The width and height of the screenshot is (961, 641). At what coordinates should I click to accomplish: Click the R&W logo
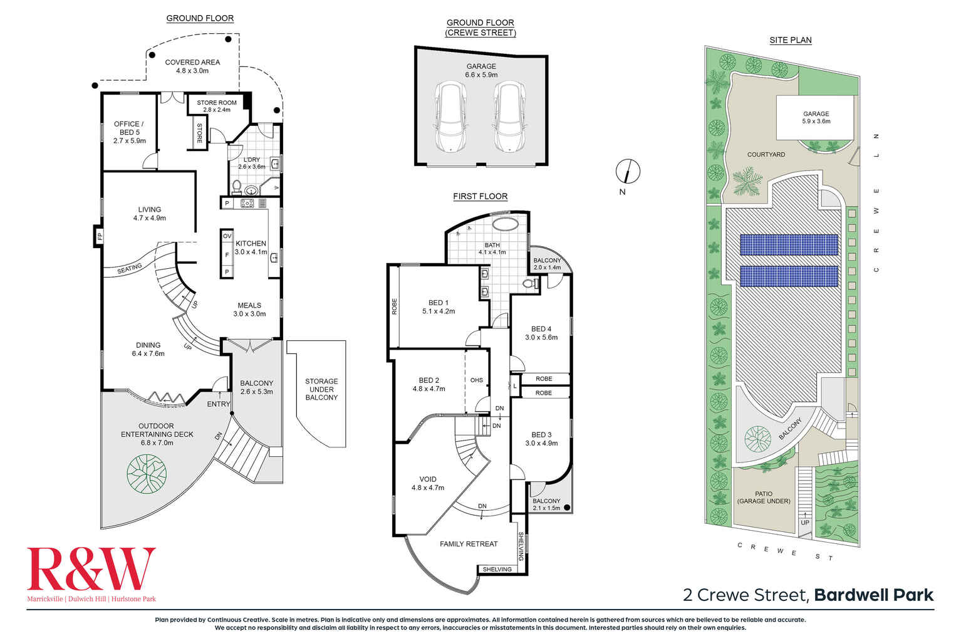coord(91,569)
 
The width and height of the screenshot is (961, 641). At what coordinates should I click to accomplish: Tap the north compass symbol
coord(628,171)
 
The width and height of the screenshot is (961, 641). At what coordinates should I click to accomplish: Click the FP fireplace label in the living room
coord(98,236)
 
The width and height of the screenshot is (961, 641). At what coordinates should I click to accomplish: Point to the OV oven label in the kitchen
coord(227,236)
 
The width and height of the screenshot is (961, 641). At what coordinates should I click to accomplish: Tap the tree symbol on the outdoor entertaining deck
coord(147,474)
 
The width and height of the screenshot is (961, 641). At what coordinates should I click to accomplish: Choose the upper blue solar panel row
coord(789,245)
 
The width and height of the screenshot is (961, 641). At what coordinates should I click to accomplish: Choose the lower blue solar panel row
coord(789,276)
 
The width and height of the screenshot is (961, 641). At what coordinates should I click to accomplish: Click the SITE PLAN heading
coord(790,40)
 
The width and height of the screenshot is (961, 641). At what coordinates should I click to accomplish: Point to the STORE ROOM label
coord(217,103)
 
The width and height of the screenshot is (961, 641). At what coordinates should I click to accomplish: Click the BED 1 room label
coord(438,303)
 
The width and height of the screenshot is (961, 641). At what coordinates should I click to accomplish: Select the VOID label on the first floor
coord(428,479)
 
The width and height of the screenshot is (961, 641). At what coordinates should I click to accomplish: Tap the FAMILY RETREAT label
coord(469,544)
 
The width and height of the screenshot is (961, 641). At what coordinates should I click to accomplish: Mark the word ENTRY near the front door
coord(219,404)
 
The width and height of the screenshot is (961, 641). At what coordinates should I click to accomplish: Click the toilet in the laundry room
coord(237,186)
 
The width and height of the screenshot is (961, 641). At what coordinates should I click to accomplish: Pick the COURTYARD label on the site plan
coord(766,154)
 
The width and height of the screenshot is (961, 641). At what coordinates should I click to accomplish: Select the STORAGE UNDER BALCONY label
coord(321,389)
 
